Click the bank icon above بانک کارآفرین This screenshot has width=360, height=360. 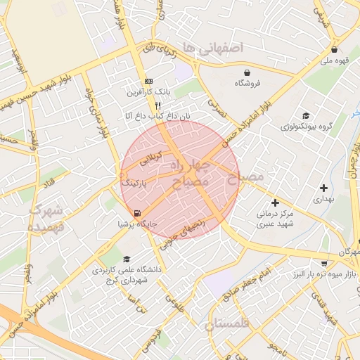click(148, 81)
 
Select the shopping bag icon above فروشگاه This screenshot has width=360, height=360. click(247, 72)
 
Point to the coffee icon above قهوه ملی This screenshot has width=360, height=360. click(334, 50)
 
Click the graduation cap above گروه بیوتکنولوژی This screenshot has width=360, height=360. click(305, 116)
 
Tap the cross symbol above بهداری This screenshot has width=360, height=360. click(323, 188)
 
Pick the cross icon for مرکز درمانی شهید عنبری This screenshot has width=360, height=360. click(275, 202)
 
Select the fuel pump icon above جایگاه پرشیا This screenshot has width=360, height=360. click(136, 213)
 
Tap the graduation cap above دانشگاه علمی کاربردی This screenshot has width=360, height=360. click(127, 259)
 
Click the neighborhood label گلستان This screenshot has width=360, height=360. click(229, 325)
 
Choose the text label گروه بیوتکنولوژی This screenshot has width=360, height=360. click(305, 127)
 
